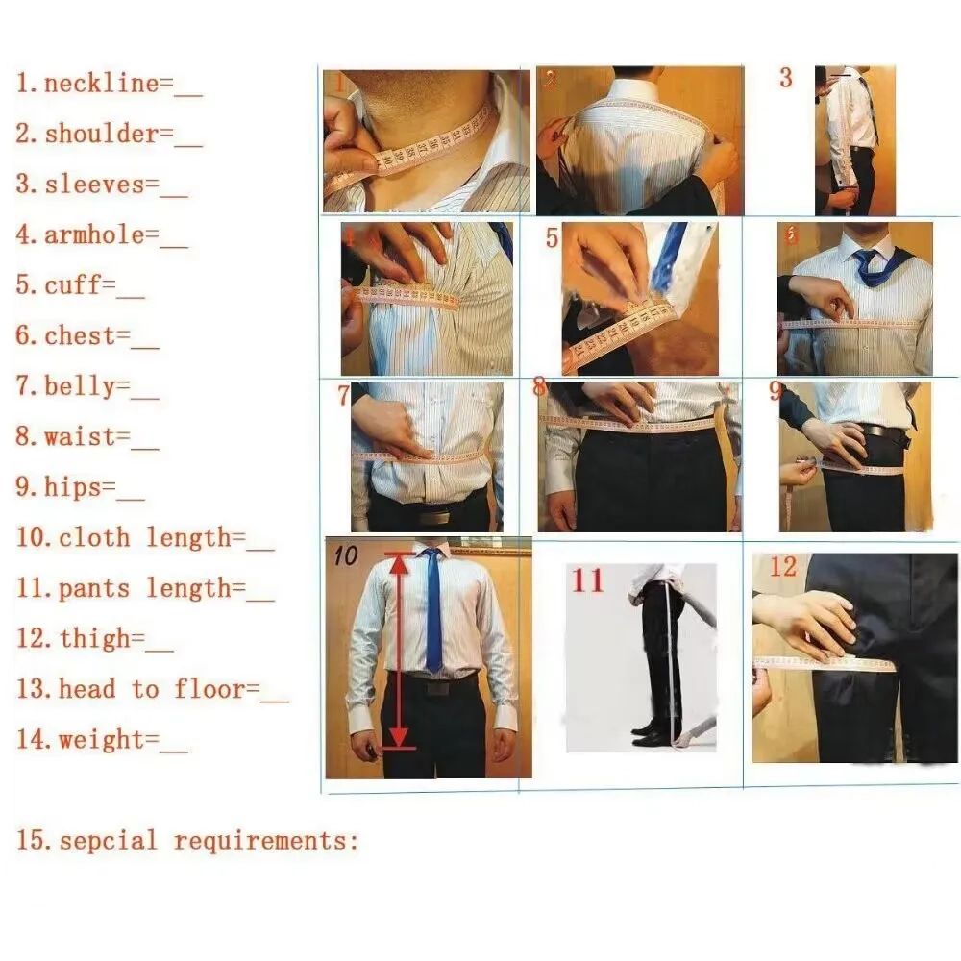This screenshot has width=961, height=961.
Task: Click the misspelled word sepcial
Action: [108, 842]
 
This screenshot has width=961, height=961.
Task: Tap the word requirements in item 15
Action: [265, 842]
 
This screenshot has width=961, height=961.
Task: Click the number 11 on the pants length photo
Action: [588, 580]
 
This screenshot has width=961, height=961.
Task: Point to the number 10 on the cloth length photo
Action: [345, 554]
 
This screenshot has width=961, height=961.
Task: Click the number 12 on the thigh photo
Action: [783, 567]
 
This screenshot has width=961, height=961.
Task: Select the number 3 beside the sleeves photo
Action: [786, 78]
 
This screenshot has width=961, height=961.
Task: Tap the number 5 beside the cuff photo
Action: [552, 237]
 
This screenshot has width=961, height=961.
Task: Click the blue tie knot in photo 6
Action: [868, 258]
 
